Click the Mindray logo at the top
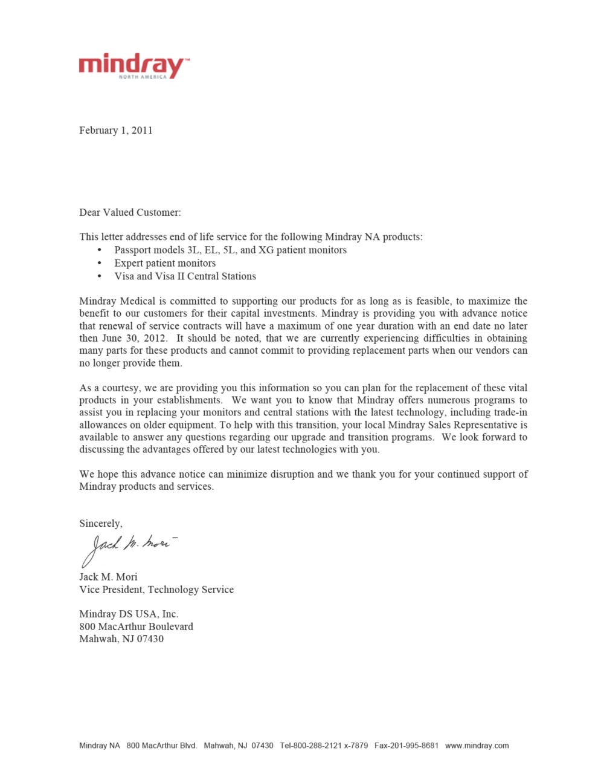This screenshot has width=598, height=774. [133, 65]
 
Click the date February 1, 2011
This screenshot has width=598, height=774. [115, 131]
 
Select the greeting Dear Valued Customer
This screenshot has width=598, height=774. [130, 213]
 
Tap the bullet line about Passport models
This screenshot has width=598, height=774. [230, 250]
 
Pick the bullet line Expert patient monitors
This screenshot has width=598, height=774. [165, 264]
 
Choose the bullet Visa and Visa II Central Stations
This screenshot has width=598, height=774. [185, 276]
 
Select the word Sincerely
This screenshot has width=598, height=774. [100, 524]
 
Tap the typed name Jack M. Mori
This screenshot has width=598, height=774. [108, 577]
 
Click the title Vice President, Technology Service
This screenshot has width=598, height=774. [156, 590]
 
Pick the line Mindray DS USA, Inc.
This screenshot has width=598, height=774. [129, 614]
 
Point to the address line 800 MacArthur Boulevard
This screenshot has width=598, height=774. [136, 626]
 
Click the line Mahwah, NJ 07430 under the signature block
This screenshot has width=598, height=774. [121, 639]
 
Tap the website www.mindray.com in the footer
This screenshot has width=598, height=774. [477, 746]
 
